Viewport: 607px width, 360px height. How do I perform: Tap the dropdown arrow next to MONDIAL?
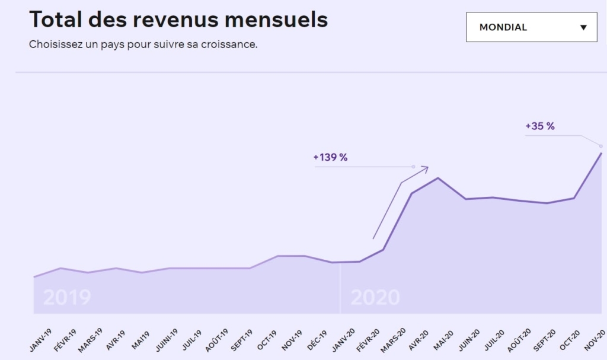pos(583,27)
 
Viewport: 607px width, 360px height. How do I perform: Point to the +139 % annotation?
pos(330,157)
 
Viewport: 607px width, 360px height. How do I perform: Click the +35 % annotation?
pos(539,126)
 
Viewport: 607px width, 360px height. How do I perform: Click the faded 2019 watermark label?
pos(67,297)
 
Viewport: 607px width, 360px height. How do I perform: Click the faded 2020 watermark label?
pos(375,297)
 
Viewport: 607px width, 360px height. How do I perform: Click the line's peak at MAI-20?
pos(437,178)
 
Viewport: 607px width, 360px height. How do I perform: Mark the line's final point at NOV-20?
pos(602,153)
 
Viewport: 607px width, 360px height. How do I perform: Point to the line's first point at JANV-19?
pos(34,277)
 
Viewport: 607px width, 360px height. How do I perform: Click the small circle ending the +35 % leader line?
pos(601,146)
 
